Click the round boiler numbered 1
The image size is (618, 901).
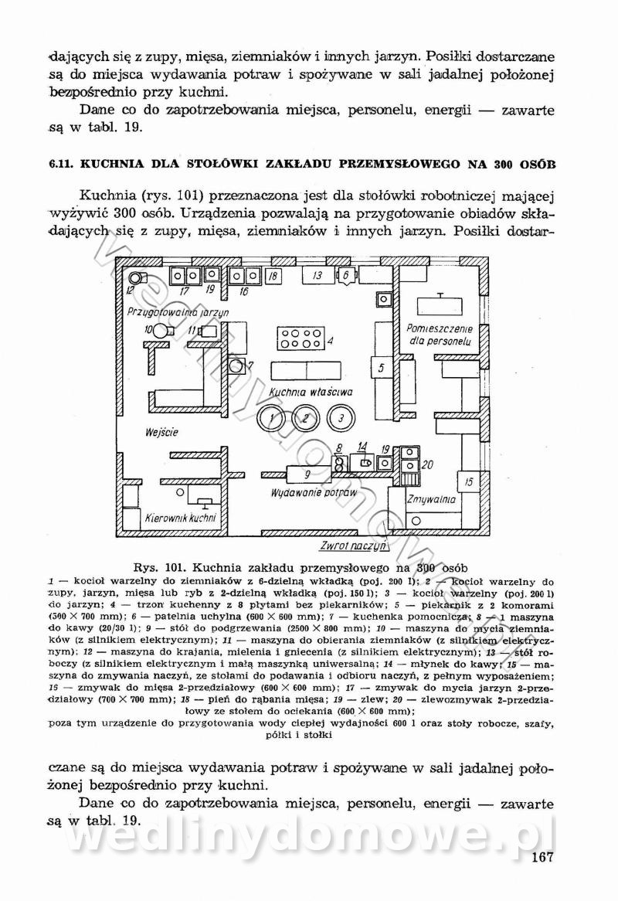pos(271,418)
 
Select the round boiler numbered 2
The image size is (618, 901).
pos(306,418)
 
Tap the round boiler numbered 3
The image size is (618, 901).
pos(340,418)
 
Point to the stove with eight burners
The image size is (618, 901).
pos(301,338)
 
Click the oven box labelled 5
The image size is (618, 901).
pos(382,368)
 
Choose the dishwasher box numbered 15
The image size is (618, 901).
pos(469,482)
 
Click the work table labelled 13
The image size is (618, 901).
pos(317,275)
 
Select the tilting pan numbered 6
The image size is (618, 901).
pos(346,275)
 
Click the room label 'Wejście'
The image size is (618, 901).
pos(161,432)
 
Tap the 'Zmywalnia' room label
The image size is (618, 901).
pos(435,500)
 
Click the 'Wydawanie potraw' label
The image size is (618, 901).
pos(312,492)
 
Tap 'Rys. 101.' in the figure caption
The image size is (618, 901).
pos(161,564)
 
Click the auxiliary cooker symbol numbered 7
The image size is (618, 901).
pos(235,365)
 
